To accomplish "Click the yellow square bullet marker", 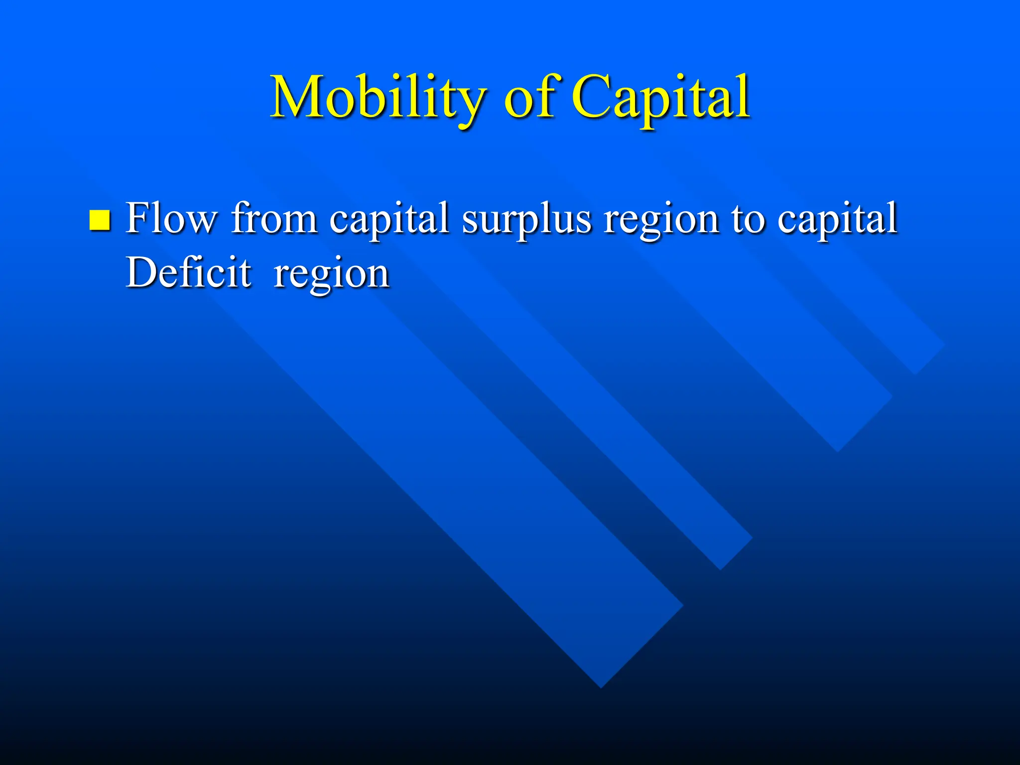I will [x=100, y=221].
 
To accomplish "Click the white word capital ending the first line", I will [x=837, y=219].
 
